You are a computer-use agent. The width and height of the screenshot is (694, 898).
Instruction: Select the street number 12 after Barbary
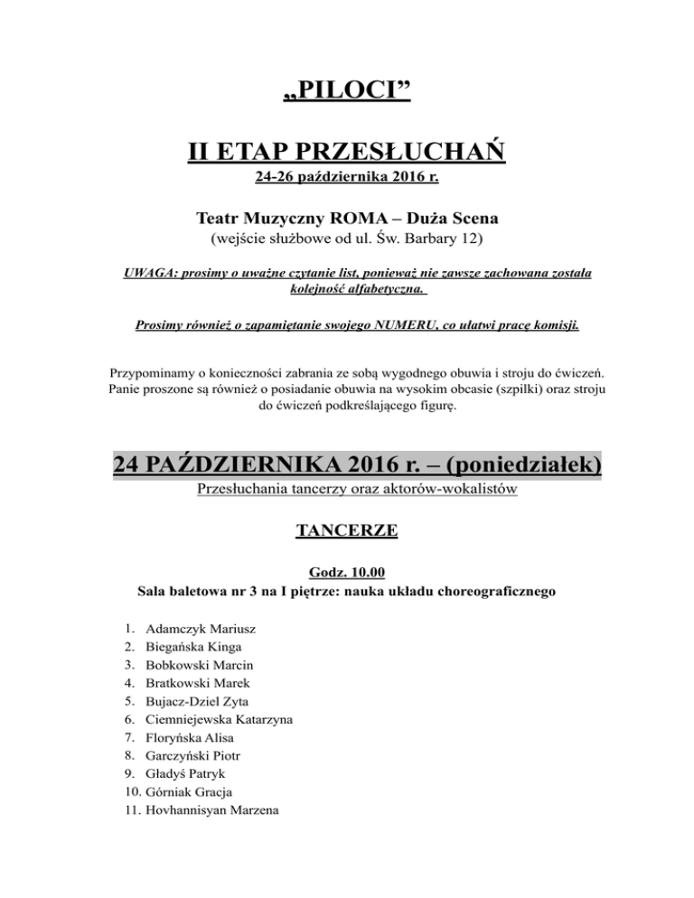473,240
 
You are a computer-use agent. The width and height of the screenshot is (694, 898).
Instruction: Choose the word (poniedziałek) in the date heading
525,466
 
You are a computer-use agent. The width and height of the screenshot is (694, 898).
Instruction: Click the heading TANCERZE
347,532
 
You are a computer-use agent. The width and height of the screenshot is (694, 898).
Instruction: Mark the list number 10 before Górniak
127,791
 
